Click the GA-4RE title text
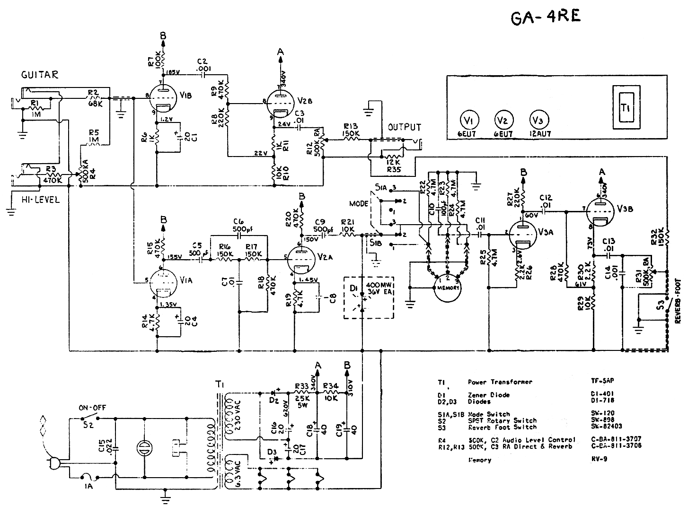(546, 17)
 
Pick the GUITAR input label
(40, 75)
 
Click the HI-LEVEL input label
(41, 200)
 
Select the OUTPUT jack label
(404, 128)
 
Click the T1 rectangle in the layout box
(624, 108)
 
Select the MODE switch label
(359, 204)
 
